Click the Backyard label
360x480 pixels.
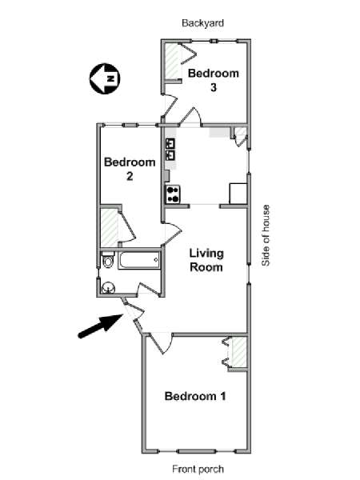coord(202,23)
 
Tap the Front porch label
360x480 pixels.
coord(198,469)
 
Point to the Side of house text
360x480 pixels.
coord(266,235)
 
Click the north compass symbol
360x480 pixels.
coord(105,78)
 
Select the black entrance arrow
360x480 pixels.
coord(100,326)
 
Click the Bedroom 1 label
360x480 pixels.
coord(195,396)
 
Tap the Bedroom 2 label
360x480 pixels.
coord(130,169)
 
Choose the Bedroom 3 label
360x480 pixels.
coord(214,80)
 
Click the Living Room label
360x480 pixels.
coord(206,260)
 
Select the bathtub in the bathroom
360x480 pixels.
coord(139,261)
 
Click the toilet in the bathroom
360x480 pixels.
coord(107,259)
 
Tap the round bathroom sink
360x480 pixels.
coord(108,287)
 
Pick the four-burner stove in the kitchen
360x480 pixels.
coord(173,194)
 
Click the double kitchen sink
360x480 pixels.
coord(170,149)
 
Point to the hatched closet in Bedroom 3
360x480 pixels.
coord(172,62)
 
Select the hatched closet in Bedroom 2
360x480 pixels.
coord(110,227)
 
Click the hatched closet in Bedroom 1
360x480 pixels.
coord(239,352)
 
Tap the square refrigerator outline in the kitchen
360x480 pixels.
coord(238,194)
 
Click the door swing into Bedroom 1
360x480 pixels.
coord(162,343)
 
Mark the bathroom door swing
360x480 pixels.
coord(149,289)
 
